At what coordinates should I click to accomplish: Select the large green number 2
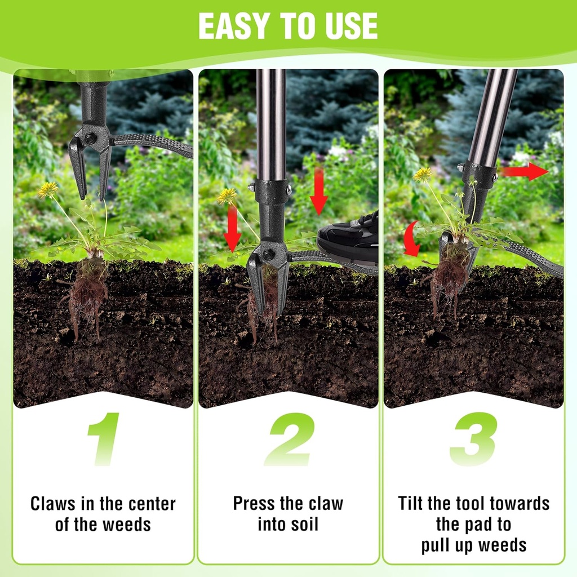tap(288, 440)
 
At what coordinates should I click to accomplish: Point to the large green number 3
tap(473, 440)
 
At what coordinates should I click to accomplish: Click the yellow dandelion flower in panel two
tap(227, 196)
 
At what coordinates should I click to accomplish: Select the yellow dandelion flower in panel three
tap(423, 174)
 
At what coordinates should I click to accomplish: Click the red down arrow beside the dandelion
tap(232, 228)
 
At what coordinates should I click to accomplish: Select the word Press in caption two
tap(251, 503)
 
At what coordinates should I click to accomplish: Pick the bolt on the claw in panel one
tap(90, 138)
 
